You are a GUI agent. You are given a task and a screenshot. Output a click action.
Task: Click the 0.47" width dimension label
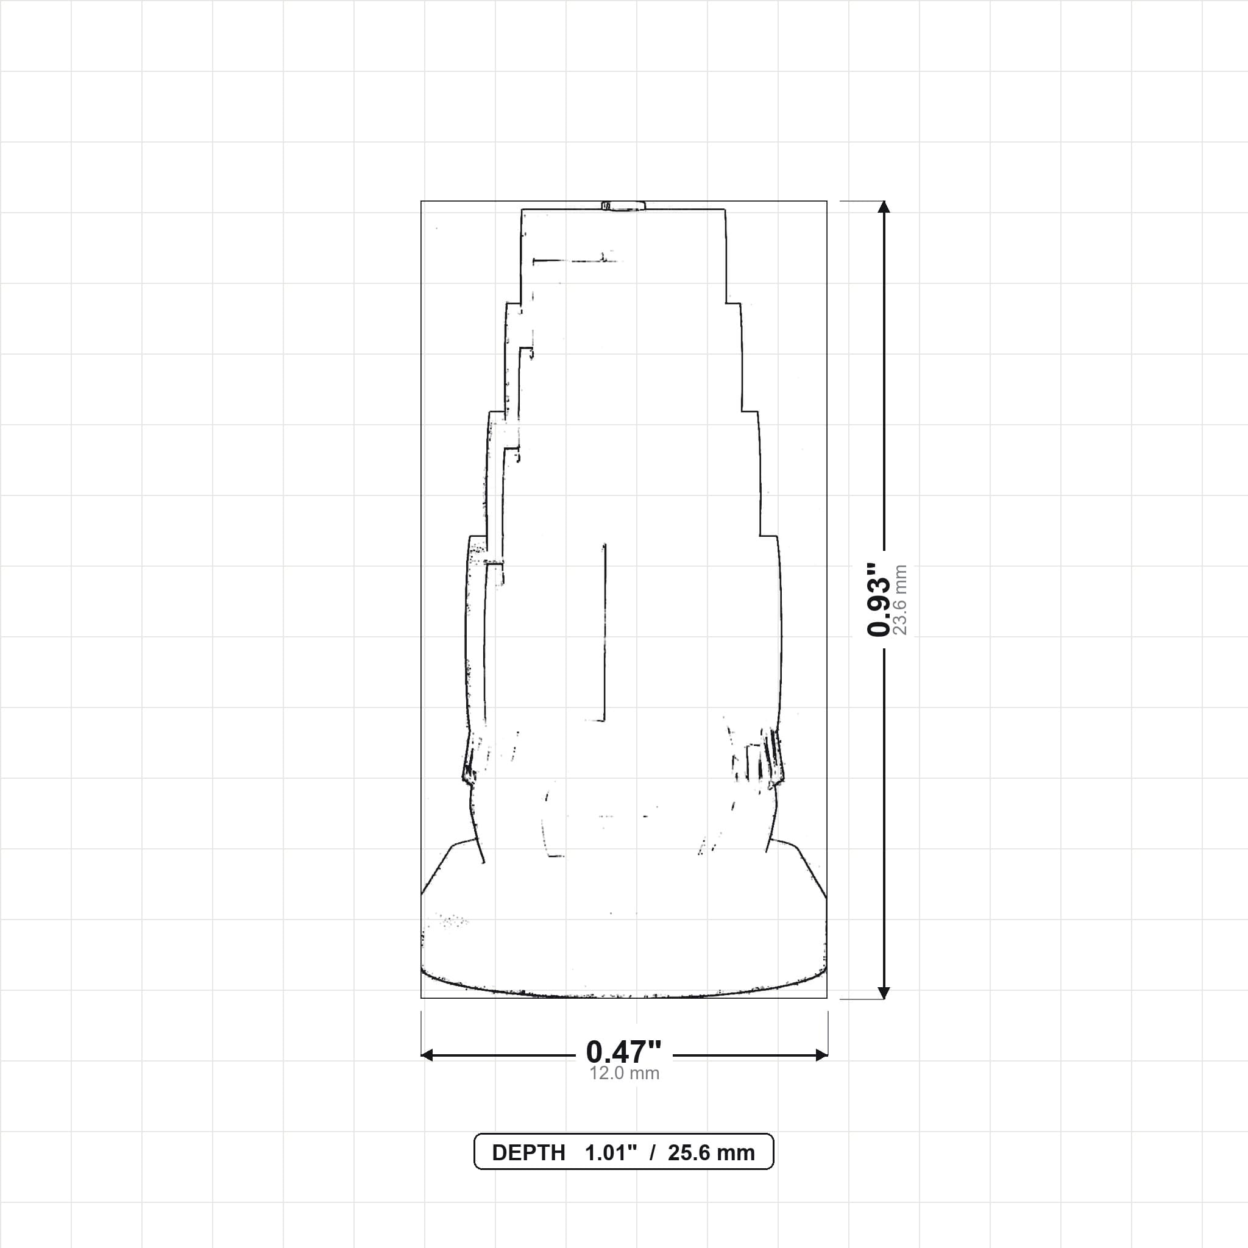point(624,1052)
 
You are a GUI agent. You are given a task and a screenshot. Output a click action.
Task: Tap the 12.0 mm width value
point(624,1074)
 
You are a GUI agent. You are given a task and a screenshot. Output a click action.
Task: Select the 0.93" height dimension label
point(879,600)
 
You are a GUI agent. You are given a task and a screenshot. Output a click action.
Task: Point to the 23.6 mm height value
point(900,600)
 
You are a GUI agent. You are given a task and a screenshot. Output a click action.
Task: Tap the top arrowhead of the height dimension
point(884,207)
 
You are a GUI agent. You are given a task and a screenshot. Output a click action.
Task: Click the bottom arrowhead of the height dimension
point(884,993)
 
